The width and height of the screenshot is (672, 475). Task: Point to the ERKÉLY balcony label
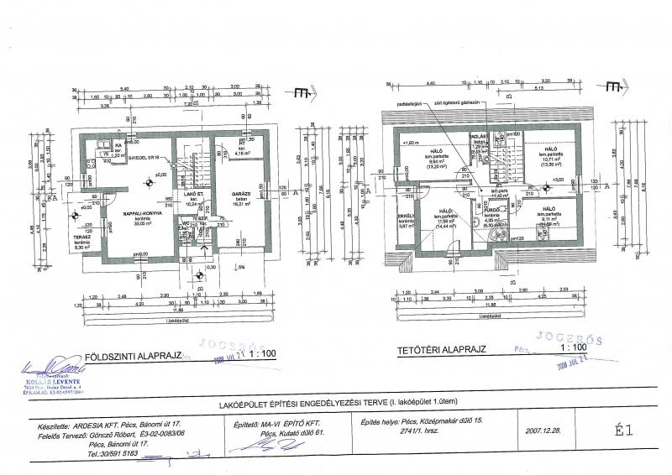[407, 215]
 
